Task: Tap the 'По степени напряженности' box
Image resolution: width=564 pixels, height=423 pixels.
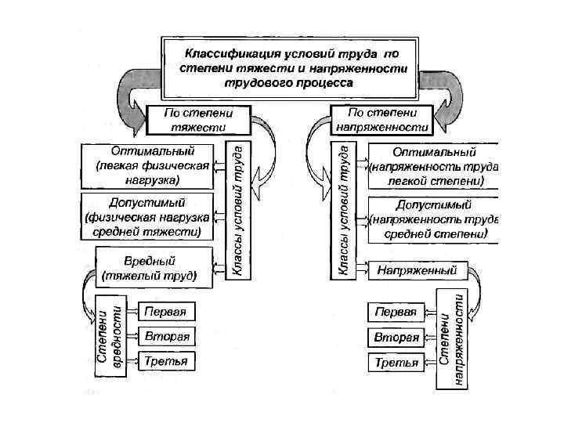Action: point(381,119)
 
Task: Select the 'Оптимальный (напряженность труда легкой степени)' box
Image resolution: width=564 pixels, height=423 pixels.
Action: point(433,165)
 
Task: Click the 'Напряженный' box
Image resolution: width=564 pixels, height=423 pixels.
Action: point(417,270)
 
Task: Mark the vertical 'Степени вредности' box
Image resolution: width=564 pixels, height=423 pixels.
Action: point(109,336)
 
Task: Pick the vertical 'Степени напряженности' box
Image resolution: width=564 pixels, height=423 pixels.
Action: point(453,337)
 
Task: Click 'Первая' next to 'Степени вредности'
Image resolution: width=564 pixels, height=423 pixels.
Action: point(165,311)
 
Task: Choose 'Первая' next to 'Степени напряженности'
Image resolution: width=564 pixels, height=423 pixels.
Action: point(396,312)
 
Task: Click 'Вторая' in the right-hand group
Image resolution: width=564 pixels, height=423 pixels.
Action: point(396,338)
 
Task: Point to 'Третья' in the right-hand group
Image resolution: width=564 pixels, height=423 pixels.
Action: point(396,363)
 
